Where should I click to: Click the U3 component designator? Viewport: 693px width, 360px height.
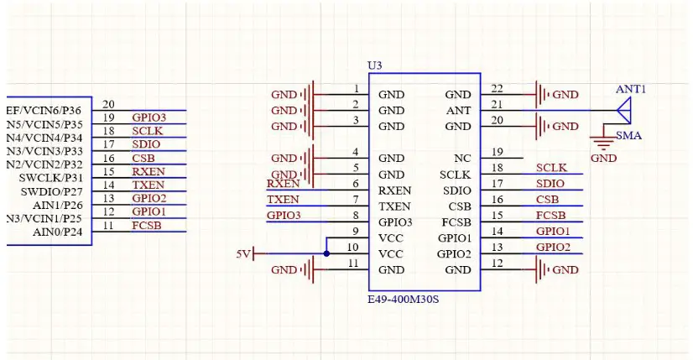click(374, 65)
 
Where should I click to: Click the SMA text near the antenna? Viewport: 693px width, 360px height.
click(630, 135)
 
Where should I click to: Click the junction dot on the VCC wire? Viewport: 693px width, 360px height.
click(326, 253)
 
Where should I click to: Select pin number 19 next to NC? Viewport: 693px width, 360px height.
click(497, 152)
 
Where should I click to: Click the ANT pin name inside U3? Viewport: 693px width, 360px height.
click(458, 110)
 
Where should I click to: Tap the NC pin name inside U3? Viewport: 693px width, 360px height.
click(462, 158)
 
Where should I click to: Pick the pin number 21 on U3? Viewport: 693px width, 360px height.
click(497, 104)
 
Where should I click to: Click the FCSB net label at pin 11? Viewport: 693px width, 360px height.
click(148, 225)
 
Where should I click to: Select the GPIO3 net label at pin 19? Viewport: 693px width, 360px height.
click(148, 117)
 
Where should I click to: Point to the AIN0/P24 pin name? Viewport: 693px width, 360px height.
click(57, 232)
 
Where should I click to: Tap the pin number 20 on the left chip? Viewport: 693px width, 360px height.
click(108, 104)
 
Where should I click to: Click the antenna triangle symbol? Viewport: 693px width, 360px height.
click(623, 110)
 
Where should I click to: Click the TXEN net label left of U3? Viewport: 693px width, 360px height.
click(283, 200)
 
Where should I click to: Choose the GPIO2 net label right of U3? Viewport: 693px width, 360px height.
click(553, 248)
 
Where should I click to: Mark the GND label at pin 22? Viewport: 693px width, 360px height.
click(565, 95)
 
